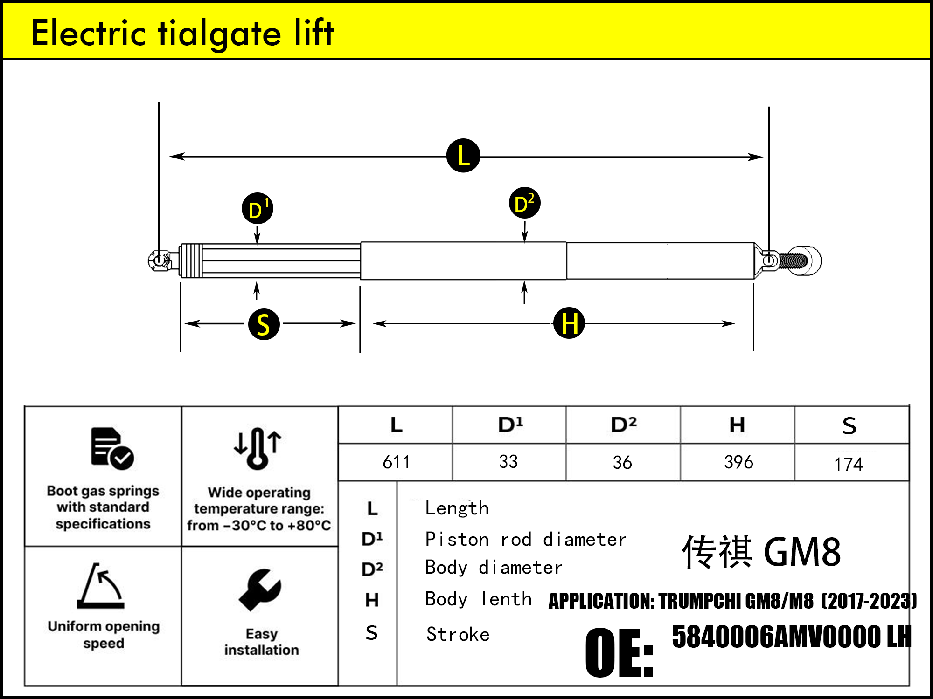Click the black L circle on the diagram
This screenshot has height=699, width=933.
pyautogui.click(x=463, y=156)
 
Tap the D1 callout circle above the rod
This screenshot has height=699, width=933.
pyautogui.click(x=257, y=209)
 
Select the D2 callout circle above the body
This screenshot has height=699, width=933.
pyautogui.click(x=524, y=203)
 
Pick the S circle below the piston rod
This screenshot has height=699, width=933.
pyautogui.click(x=264, y=324)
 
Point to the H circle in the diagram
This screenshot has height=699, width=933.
pyautogui.click(x=569, y=323)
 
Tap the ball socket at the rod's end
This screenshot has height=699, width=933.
pyautogui.click(x=160, y=260)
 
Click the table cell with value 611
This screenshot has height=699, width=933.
pyautogui.click(x=396, y=462)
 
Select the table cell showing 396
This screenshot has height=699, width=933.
pyautogui.click(x=738, y=462)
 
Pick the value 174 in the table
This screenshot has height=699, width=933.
pyautogui.click(x=848, y=464)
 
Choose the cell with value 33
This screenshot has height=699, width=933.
pyautogui.click(x=508, y=462)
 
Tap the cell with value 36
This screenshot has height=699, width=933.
pyautogui.click(x=622, y=462)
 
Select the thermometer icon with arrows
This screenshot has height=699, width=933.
pyautogui.click(x=258, y=448)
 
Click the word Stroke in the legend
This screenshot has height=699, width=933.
pyautogui.click(x=458, y=635)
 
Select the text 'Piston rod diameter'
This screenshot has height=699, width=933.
pyautogui.click(x=525, y=540)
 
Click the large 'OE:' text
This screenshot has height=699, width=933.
pyautogui.click(x=619, y=652)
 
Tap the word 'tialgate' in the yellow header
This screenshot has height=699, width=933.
pyautogui.click(x=219, y=34)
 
